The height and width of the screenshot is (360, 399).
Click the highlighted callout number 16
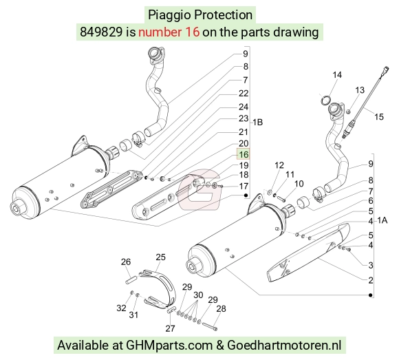pos(244,154)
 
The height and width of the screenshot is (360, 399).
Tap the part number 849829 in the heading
pos(101,32)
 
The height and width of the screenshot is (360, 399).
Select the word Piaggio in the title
pos(169,14)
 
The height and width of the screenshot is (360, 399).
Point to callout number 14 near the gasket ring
pos(337,75)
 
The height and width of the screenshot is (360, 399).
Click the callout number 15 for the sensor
pos(378,117)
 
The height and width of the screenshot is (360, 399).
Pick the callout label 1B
pos(257,123)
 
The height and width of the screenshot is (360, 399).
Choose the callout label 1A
pos(382,220)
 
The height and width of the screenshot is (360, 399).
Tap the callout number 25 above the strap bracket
pos(160,257)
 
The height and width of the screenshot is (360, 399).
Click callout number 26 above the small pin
pos(126,262)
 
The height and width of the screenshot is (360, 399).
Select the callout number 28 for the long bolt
pos(221,309)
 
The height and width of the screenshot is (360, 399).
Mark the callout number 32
pos(121,308)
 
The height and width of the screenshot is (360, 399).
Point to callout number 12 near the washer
pos(279,165)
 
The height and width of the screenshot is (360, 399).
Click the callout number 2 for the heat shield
pos(371,280)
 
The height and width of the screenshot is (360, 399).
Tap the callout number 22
pos(244,94)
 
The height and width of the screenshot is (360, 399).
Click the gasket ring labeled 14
pos(326,100)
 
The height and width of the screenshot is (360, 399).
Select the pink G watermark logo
pos(199,189)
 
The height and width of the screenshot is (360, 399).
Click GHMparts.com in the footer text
pos(169,346)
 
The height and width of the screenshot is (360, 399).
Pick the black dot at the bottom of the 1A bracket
pos(371,295)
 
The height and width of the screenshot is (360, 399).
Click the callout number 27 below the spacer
pos(170,328)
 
